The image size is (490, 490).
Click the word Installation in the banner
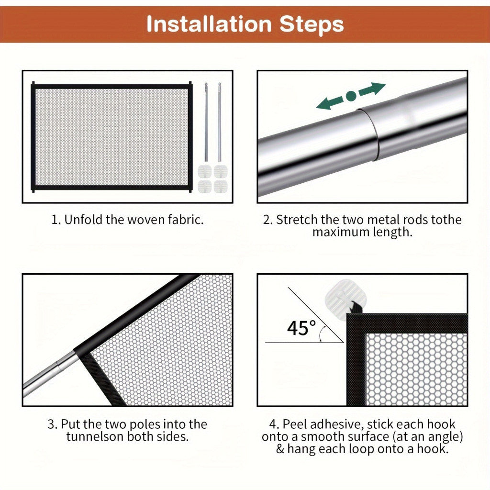click(209, 24)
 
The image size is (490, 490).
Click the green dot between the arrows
click(351, 96)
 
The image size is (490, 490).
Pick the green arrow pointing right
click(372, 89)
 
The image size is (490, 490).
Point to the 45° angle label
click(301, 328)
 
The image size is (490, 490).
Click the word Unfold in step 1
click(83, 220)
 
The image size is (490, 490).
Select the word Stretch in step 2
click(297, 220)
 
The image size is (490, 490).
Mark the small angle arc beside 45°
click(323, 333)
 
